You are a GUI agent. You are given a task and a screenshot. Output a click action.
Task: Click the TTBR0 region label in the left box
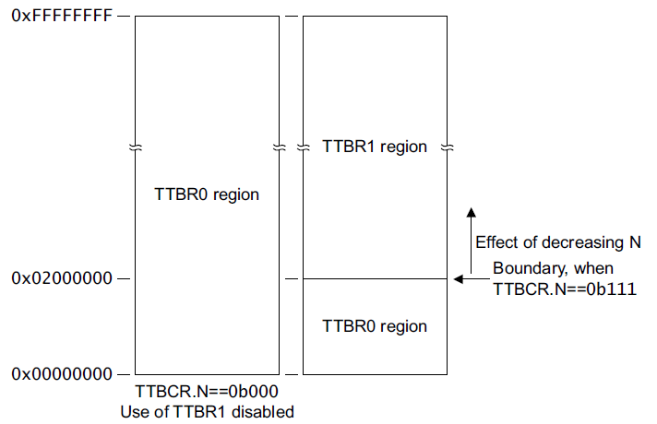coord(207,194)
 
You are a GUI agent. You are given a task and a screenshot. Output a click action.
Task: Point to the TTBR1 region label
coord(376,147)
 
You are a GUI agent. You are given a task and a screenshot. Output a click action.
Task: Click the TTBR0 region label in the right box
coord(376,326)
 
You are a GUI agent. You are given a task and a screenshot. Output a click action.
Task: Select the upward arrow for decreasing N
coord(470,230)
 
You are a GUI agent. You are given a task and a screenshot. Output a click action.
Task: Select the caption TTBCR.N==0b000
coord(207,392)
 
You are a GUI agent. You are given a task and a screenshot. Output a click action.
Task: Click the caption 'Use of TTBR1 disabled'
coord(207,410)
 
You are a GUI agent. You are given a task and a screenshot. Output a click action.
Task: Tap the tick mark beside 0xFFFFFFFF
coord(125,17)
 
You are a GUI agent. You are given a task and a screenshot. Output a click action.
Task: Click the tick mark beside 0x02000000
coord(125,278)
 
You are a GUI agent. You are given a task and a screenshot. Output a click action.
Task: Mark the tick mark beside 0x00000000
coord(125,374)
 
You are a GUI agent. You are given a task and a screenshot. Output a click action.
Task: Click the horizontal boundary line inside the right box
coord(376,278)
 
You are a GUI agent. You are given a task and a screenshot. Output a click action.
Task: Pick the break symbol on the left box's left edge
coord(136,147)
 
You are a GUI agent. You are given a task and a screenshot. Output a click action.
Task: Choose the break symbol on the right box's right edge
coord(448,147)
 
